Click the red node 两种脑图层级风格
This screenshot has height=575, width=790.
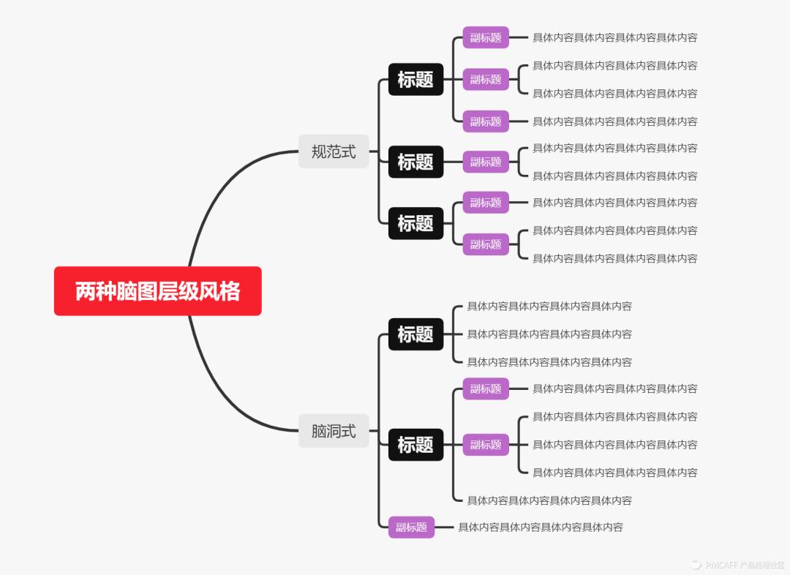click(x=157, y=291)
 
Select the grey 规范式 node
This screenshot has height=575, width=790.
click(x=334, y=151)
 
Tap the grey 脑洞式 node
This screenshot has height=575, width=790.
click(x=334, y=431)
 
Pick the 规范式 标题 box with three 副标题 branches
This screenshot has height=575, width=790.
click(x=415, y=79)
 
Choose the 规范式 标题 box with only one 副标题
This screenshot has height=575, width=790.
click(x=415, y=162)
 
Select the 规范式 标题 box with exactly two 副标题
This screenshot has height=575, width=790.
click(x=415, y=223)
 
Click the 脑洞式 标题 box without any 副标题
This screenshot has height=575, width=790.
click(x=415, y=334)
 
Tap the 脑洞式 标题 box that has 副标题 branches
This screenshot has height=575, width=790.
click(x=415, y=444)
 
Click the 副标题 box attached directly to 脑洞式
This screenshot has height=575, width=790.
click(x=411, y=527)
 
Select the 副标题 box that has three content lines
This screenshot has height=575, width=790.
click(x=486, y=444)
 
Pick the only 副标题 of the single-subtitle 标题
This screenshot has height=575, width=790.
click(x=486, y=162)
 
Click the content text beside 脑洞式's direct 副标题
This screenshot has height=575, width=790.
click(x=541, y=527)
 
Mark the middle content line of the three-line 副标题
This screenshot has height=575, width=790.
click(x=614, y=444)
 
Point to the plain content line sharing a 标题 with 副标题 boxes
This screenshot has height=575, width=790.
click(x=549, y=500)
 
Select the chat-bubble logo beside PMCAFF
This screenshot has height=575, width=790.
click(x=694, y=564)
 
